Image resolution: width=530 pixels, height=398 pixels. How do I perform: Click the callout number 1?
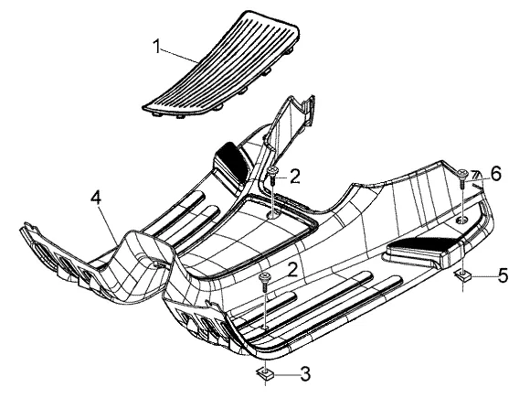(156, 47)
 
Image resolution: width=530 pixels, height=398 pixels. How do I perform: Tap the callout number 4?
(96, 198)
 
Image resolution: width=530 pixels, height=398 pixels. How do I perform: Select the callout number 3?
(305, 374)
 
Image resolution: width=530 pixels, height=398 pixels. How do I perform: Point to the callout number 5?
(503, 275)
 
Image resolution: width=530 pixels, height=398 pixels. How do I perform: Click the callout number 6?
(496, 174)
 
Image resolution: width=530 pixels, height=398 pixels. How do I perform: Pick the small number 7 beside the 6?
(476, 175)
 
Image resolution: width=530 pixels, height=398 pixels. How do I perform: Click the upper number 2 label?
(295, 177)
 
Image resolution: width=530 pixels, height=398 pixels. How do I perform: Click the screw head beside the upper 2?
(272, 170)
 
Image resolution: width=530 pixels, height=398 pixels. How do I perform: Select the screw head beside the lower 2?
(264, 277)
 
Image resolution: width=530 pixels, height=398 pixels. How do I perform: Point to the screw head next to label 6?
(462, 173)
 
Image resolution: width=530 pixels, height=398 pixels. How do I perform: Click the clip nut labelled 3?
(264, 373)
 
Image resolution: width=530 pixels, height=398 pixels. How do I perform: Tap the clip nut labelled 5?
(462, 275)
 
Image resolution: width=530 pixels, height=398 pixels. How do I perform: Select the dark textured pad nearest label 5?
(423, 244)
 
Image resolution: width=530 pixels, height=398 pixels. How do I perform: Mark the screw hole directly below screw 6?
(462, 221)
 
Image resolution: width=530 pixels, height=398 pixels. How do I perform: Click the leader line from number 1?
(180, 56)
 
